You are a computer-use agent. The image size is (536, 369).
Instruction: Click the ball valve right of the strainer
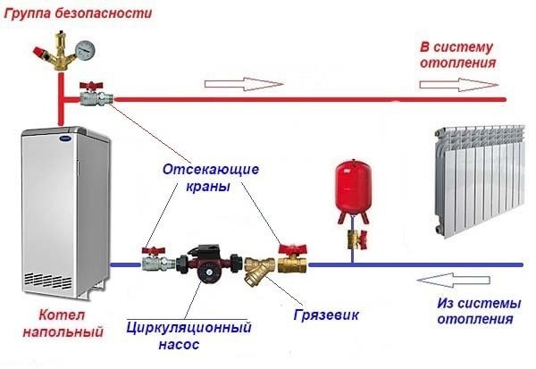point(290,261)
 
